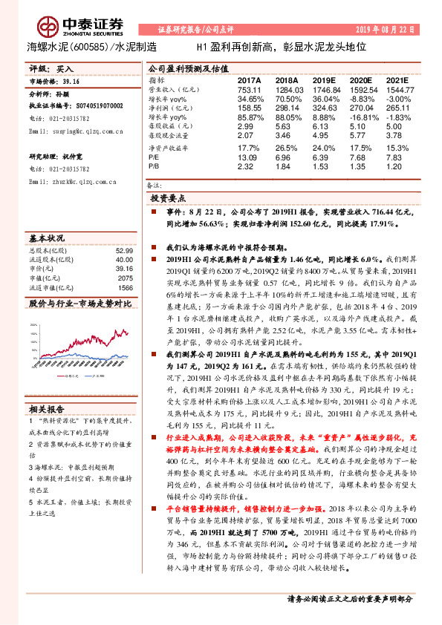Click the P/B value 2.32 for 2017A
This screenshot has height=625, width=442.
[x=247, y=167]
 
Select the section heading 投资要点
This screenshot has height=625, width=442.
[x=168, y=199]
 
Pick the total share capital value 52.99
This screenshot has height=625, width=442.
[x=123, y=252]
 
